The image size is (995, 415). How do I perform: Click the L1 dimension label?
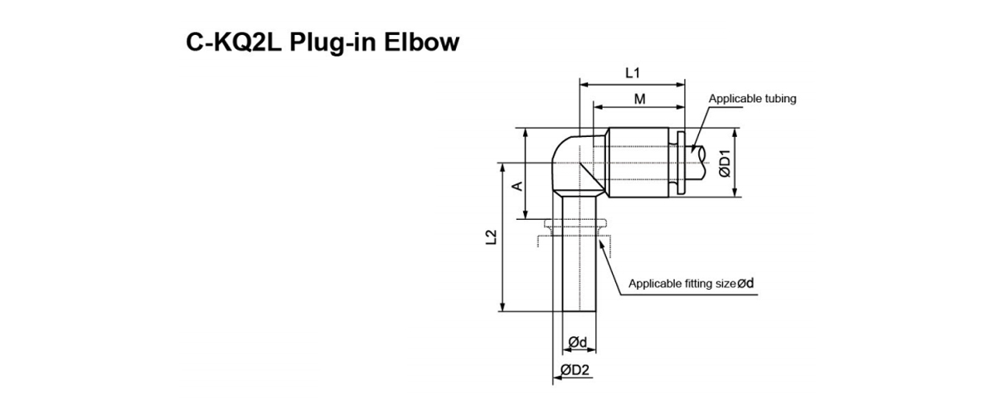(x=632, y=73)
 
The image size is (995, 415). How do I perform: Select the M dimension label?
(x=639, y=99)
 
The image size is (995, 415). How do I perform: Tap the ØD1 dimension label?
(x=724, y=164)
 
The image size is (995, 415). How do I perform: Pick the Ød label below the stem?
(x=578, y=342)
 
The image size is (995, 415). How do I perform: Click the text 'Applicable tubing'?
(x=752, y=98)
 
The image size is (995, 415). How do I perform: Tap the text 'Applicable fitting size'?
(x=682, y=283)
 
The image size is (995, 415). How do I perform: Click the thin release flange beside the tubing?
(x=681, y=163)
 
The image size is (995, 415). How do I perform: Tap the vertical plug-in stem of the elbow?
(x=577, y=266)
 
